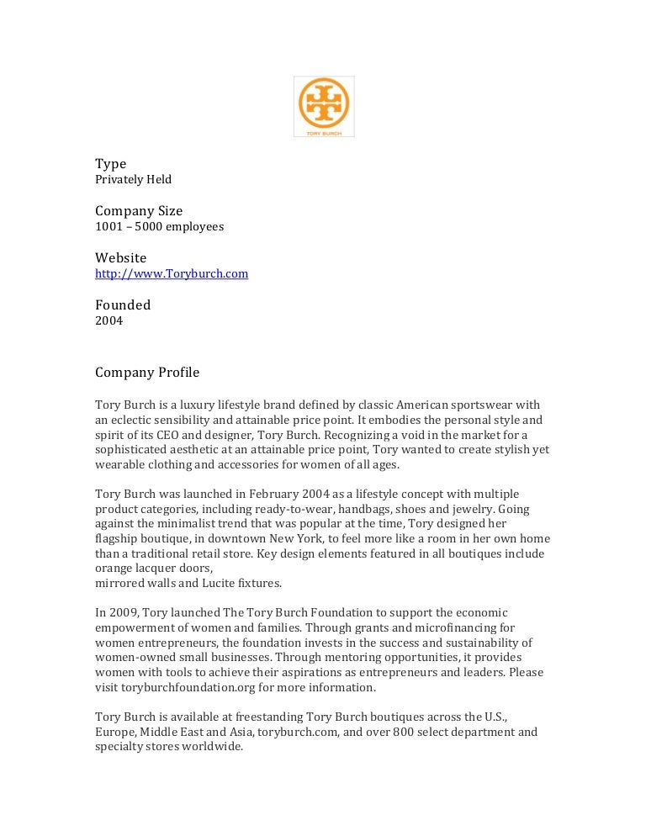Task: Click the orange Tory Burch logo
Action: pyautogui.click(x=324, y=106)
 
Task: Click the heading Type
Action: pyautogui.click(x=110, y=164)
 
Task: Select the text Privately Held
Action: pyautogui.click(x=133, y=180)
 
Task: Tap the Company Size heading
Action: pyautogui.click(x=139, y=211)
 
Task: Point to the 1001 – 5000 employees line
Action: pyautogui.click(x=159, y=227)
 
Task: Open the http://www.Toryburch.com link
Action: pyautogui.click(x=172, y=274)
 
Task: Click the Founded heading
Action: pyautogui.click(x=123, y=305)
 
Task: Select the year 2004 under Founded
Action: pyautogui.click(x=109, y=321)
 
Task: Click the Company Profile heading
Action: pyautogui.click(x=147, y=373)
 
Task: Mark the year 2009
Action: pyautogui.click(x=122, y=613)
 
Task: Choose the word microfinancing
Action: pyautogui.click(x=469, y=628)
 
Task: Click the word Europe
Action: pyautogui.click(x=114, y=732)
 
